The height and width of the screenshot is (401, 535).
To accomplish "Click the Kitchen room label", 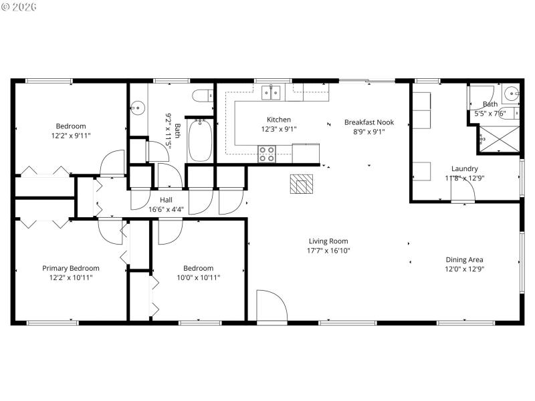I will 279,120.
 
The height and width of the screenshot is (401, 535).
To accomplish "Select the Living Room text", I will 328,241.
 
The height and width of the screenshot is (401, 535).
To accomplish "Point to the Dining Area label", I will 465,260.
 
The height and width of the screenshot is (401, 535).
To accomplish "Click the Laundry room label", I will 465,169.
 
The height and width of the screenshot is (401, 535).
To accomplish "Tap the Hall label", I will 166,200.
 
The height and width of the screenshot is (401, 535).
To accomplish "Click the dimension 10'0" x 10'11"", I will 198,277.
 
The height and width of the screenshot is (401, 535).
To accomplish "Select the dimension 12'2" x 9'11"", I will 71,136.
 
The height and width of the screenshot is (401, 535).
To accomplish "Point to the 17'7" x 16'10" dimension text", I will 328,251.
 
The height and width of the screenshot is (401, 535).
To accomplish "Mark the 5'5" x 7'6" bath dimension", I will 491,114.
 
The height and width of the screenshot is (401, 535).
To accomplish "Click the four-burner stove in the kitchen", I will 267,154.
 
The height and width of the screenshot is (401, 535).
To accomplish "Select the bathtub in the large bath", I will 200,140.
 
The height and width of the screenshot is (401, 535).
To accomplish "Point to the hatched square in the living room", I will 301,184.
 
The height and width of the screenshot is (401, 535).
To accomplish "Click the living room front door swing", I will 271,306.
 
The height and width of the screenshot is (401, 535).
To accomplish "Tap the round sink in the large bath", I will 138,107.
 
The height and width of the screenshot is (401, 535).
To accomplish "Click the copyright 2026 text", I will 20,7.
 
